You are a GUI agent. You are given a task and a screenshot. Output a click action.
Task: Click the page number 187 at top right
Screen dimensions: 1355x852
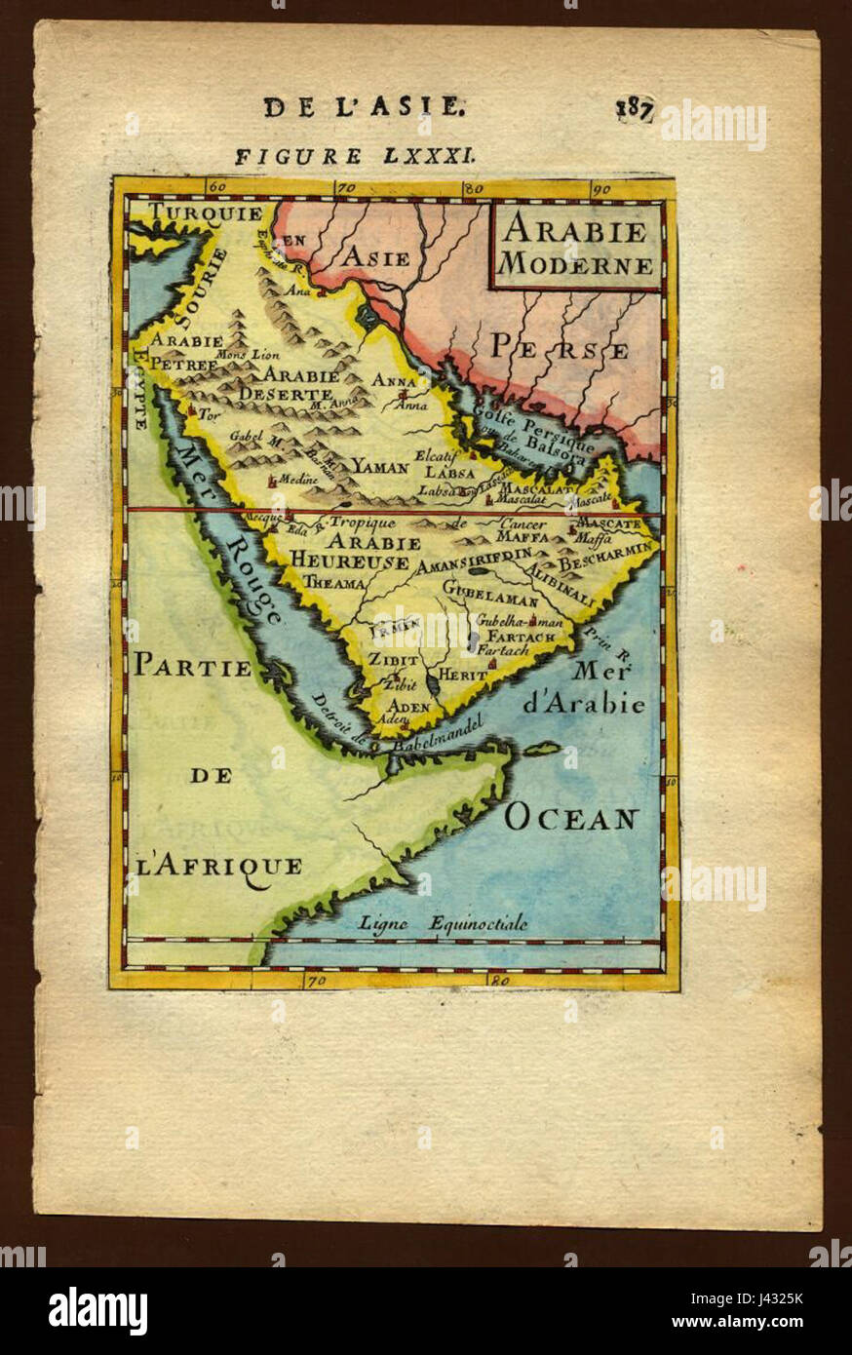[634, 107]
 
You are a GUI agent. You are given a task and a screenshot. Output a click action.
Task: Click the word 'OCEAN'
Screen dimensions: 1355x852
[570, 818]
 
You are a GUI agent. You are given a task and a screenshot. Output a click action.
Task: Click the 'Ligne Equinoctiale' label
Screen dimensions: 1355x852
[443, 922]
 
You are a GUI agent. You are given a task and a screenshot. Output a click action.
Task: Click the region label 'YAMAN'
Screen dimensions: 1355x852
[379, 467]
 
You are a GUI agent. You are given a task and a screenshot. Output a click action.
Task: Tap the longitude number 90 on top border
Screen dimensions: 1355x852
[601, 188]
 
